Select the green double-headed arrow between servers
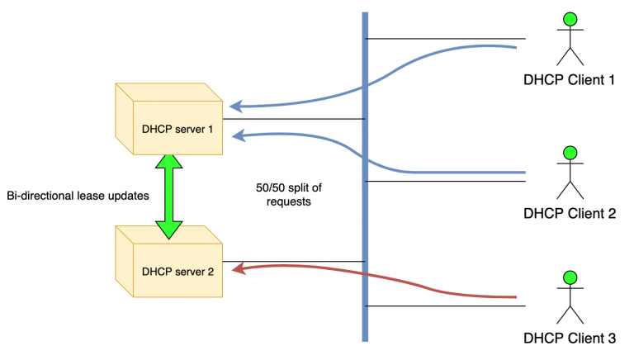click(x=168, y=196)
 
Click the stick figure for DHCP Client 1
click(x=569, y=40)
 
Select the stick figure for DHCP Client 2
click(x=569, y=173)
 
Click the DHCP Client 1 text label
click(x=570, y=81)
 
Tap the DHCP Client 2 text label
click(x=570, y=213)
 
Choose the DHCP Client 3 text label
click(x=570, y=339)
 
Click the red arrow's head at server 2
click(x=236, y=268)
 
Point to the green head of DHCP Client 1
click(x=569, y=19)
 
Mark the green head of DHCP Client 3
click(x=569, y=277)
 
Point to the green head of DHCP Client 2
click(x=569, y=152)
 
